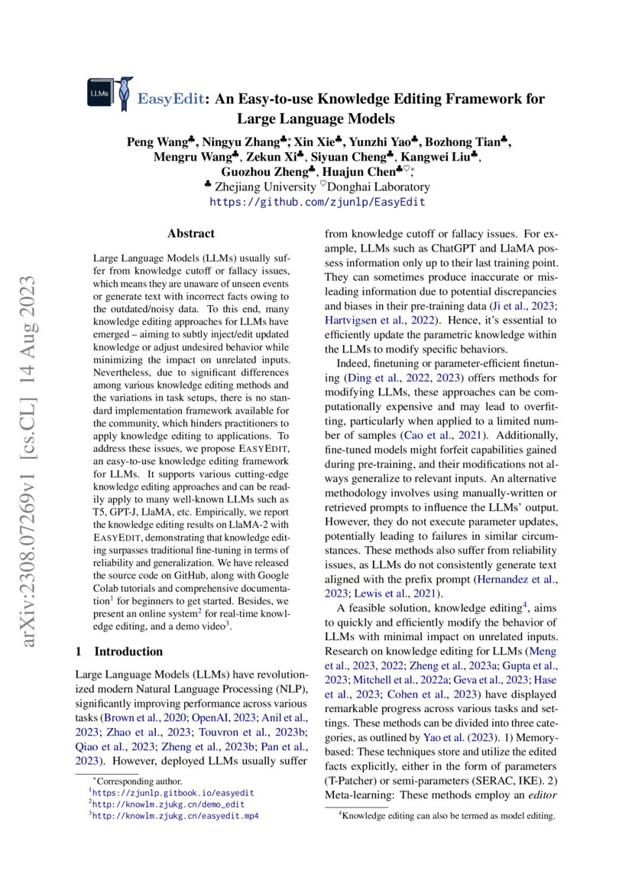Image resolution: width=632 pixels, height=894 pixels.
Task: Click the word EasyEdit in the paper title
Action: [x=172, y=99]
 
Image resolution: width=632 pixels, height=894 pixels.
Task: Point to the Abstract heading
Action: [x=190, y=234]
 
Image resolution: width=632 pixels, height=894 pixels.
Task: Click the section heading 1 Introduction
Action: [x=119, y=652]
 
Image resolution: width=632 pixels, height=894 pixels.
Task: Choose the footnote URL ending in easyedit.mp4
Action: [x=176, y=816]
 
